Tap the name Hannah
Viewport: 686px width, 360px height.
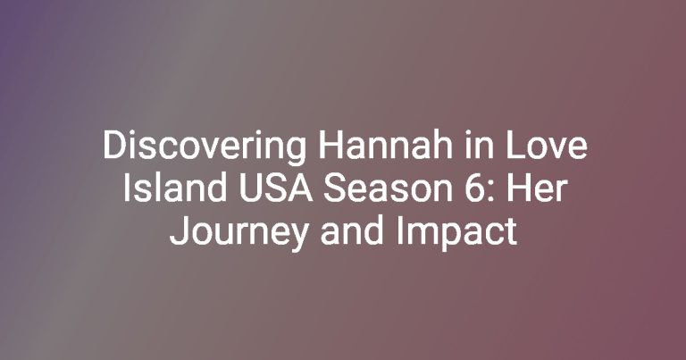(x=385, y=146)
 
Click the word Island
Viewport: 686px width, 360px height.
(x=174, y=188)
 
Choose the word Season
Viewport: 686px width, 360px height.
(x=388, y=188)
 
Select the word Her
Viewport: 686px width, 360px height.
(x=538, y=188)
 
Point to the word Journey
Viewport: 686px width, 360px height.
(x=238, y=234)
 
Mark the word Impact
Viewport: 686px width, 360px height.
(x=457, y=234)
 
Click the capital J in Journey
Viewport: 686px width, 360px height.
(x=179, y=231)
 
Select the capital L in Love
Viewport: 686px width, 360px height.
(x=514, y=146)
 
